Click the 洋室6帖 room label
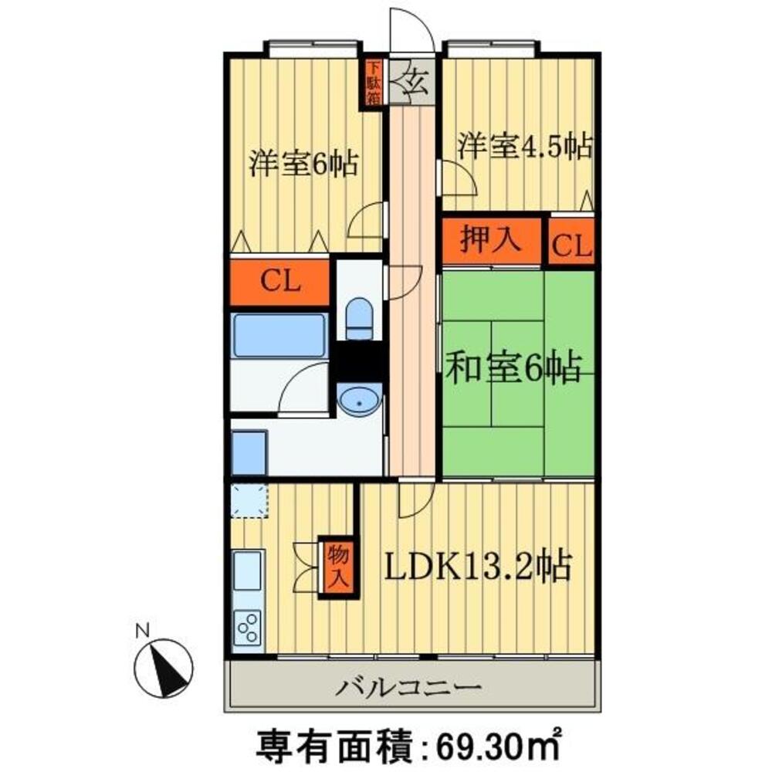pyautogui.click(x=303, y=164)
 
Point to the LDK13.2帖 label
pyautogui.click(x=479, y=569)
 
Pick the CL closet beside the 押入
pyautogui.click(x=572, y=245)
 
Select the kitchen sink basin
pyautogui.click(x=247, y=572)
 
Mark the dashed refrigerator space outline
pyautogui.click(x=248, y=502)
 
